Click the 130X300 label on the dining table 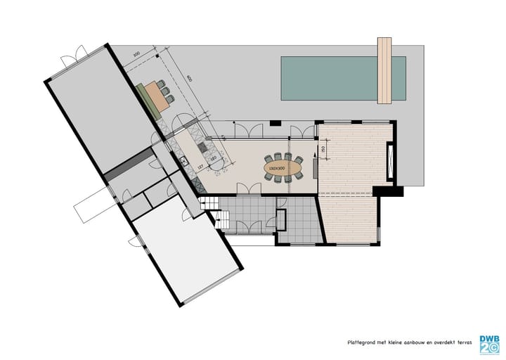pos(277,169)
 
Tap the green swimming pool pos(330,77)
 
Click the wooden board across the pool pos(384,70)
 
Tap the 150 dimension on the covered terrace pos(323,149)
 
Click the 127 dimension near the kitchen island pos(200,167)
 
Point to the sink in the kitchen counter pos(183,160)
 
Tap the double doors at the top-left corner pos(73,56)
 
